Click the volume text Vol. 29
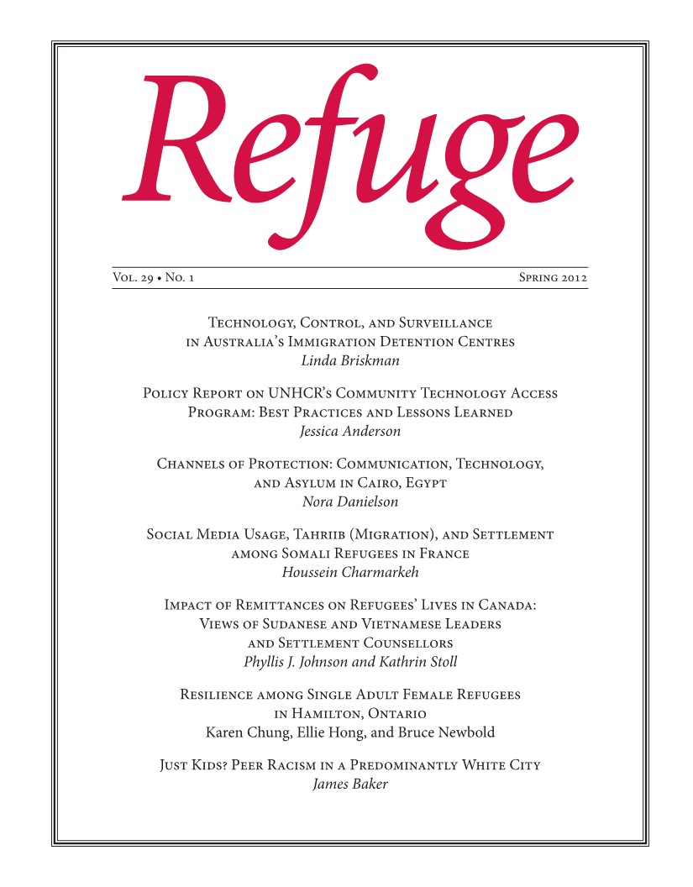132,277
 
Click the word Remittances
270,605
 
